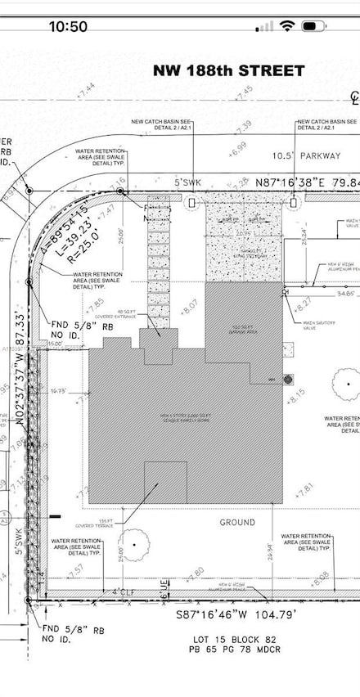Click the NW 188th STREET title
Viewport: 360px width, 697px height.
click(229, 71)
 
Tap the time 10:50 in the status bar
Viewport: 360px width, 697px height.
click(68, 26)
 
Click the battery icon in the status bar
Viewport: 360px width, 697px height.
click(313, 26)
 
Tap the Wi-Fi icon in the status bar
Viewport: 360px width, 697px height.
click(286, 26)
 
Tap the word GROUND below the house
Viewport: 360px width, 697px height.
click(236, 522)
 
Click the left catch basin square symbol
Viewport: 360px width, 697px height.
click(191, 201)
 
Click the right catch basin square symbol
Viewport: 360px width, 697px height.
click(294, 201)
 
